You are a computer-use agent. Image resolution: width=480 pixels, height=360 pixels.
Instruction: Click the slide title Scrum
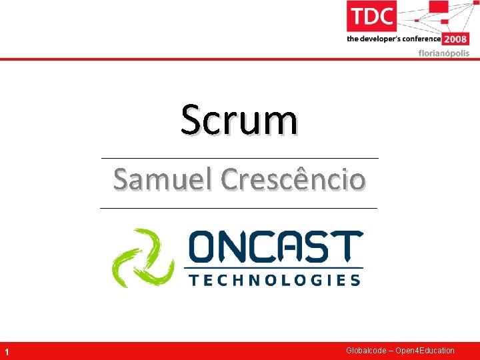tap(239, 120)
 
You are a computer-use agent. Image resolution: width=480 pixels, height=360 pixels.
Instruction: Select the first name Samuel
tap(162, 179)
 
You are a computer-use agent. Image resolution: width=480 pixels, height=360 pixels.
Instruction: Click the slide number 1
tap(6, 351)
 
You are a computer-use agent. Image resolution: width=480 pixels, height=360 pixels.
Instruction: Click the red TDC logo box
tap(371, 16)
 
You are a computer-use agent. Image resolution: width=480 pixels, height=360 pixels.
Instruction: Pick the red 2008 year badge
tap(456, 39)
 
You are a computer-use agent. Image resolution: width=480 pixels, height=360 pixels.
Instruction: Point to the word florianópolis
tap(443, 53)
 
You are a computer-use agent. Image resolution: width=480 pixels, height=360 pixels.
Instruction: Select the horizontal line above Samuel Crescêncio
tap(239, 158)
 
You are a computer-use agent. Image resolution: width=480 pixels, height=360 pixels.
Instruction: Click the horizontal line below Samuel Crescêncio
tap(239, 208)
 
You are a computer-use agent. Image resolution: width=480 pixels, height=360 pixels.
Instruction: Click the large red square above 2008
tap(438, 8)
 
